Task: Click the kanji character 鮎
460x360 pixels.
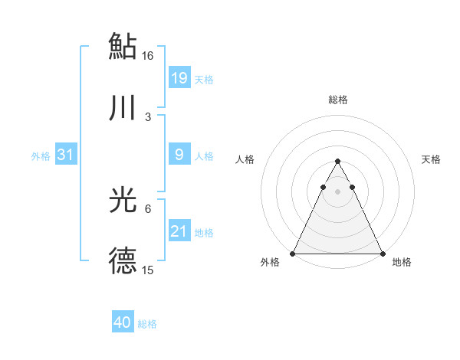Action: pyautogui.click(x=123, y=46)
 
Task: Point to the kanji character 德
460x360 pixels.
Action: pyautogui.click(x=123, y=262)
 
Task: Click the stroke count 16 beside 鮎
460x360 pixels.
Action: pyautogui.click(x=148, y=56)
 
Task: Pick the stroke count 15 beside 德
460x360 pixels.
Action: pyautogui.click(x=148, y=270)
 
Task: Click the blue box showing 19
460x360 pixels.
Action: pyautogui.click(x=179, y=77)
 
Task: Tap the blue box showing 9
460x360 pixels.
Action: pyautogui.click(x=179, y=155)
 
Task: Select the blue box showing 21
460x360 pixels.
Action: pyautogui.click(x=179, y=231)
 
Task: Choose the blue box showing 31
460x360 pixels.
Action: pyautogui.click(x=66, y=155)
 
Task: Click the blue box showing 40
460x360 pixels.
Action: pyautogui.click(x=123, y=322)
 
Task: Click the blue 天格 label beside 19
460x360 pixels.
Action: pyautogui.click(x=204, y=79)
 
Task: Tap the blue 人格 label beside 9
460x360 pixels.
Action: pyautogui.click(x=204, y=156)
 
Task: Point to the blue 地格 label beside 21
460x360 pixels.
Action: pyautogui.click(x=204, y=233)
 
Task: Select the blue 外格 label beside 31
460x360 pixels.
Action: pyautogui.click(x=41, y=156)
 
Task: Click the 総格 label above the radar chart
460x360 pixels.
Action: pyautogui.click(x=338, y=100)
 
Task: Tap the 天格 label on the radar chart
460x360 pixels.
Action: pyautogui.click(x=432, y=159)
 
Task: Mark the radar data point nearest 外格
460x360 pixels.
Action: pyautogui.click(x=293, y=253)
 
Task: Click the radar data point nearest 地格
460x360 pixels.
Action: pyautogui.click(x=383, y=253)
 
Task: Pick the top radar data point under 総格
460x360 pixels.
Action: pyautogui.click(x=337, y=162)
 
